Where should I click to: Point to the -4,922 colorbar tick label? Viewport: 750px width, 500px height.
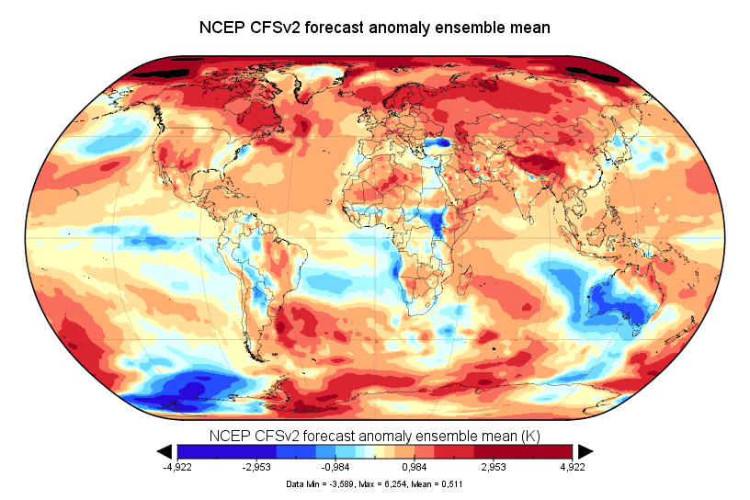[x=176, y=467]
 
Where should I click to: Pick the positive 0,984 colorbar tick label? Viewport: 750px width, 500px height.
[x=415, y=467]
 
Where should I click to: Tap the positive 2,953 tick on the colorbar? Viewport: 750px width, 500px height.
[x=494, y=467]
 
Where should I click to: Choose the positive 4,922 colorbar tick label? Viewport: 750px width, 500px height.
[x=573, y=467]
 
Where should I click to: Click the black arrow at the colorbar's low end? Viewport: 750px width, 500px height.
[x=165, y=450]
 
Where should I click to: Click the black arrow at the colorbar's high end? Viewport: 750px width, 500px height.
[x=585, y=450]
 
